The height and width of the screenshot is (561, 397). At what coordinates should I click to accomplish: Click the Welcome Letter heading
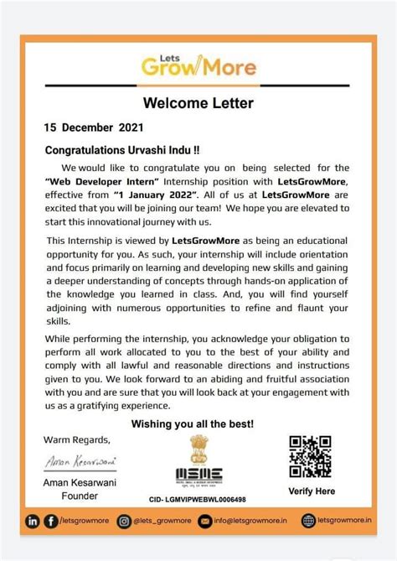(x=198, y=103)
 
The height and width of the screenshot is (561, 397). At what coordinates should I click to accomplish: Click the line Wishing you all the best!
(x=198, y=423)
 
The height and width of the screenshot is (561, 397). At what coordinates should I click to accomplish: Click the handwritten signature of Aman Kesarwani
(x=80, y=460)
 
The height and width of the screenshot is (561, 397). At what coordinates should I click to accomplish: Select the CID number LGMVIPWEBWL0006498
(x=197, y=500)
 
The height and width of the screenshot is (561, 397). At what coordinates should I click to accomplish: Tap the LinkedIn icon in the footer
(x=34, y=522)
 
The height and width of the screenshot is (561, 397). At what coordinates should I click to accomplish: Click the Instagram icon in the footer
(x=125, y=522)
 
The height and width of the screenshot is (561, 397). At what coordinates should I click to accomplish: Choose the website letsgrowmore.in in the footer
(x=343, y=522)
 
